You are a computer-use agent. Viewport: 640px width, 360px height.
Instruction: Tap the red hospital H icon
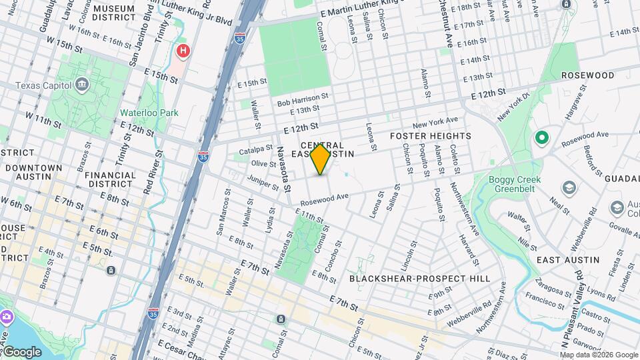click(183, 51)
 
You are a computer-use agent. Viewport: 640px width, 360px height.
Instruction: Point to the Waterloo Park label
click(149, 113)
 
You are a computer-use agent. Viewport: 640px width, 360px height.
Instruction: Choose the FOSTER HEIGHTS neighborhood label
click(431, 136)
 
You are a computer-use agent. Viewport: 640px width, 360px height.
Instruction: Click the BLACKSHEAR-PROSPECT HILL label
click(419, 279)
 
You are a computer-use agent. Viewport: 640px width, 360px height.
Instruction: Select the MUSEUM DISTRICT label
click(114, 13)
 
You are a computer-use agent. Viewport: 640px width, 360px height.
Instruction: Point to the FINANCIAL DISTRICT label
click(110, 179)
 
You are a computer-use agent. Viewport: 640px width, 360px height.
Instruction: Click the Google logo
click(22, 351)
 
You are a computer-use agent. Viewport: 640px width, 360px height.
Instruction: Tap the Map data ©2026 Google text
click(599, 355)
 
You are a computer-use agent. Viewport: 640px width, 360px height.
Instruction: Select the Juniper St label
click(261, 180)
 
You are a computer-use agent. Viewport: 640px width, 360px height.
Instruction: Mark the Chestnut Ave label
click(449, 24)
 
